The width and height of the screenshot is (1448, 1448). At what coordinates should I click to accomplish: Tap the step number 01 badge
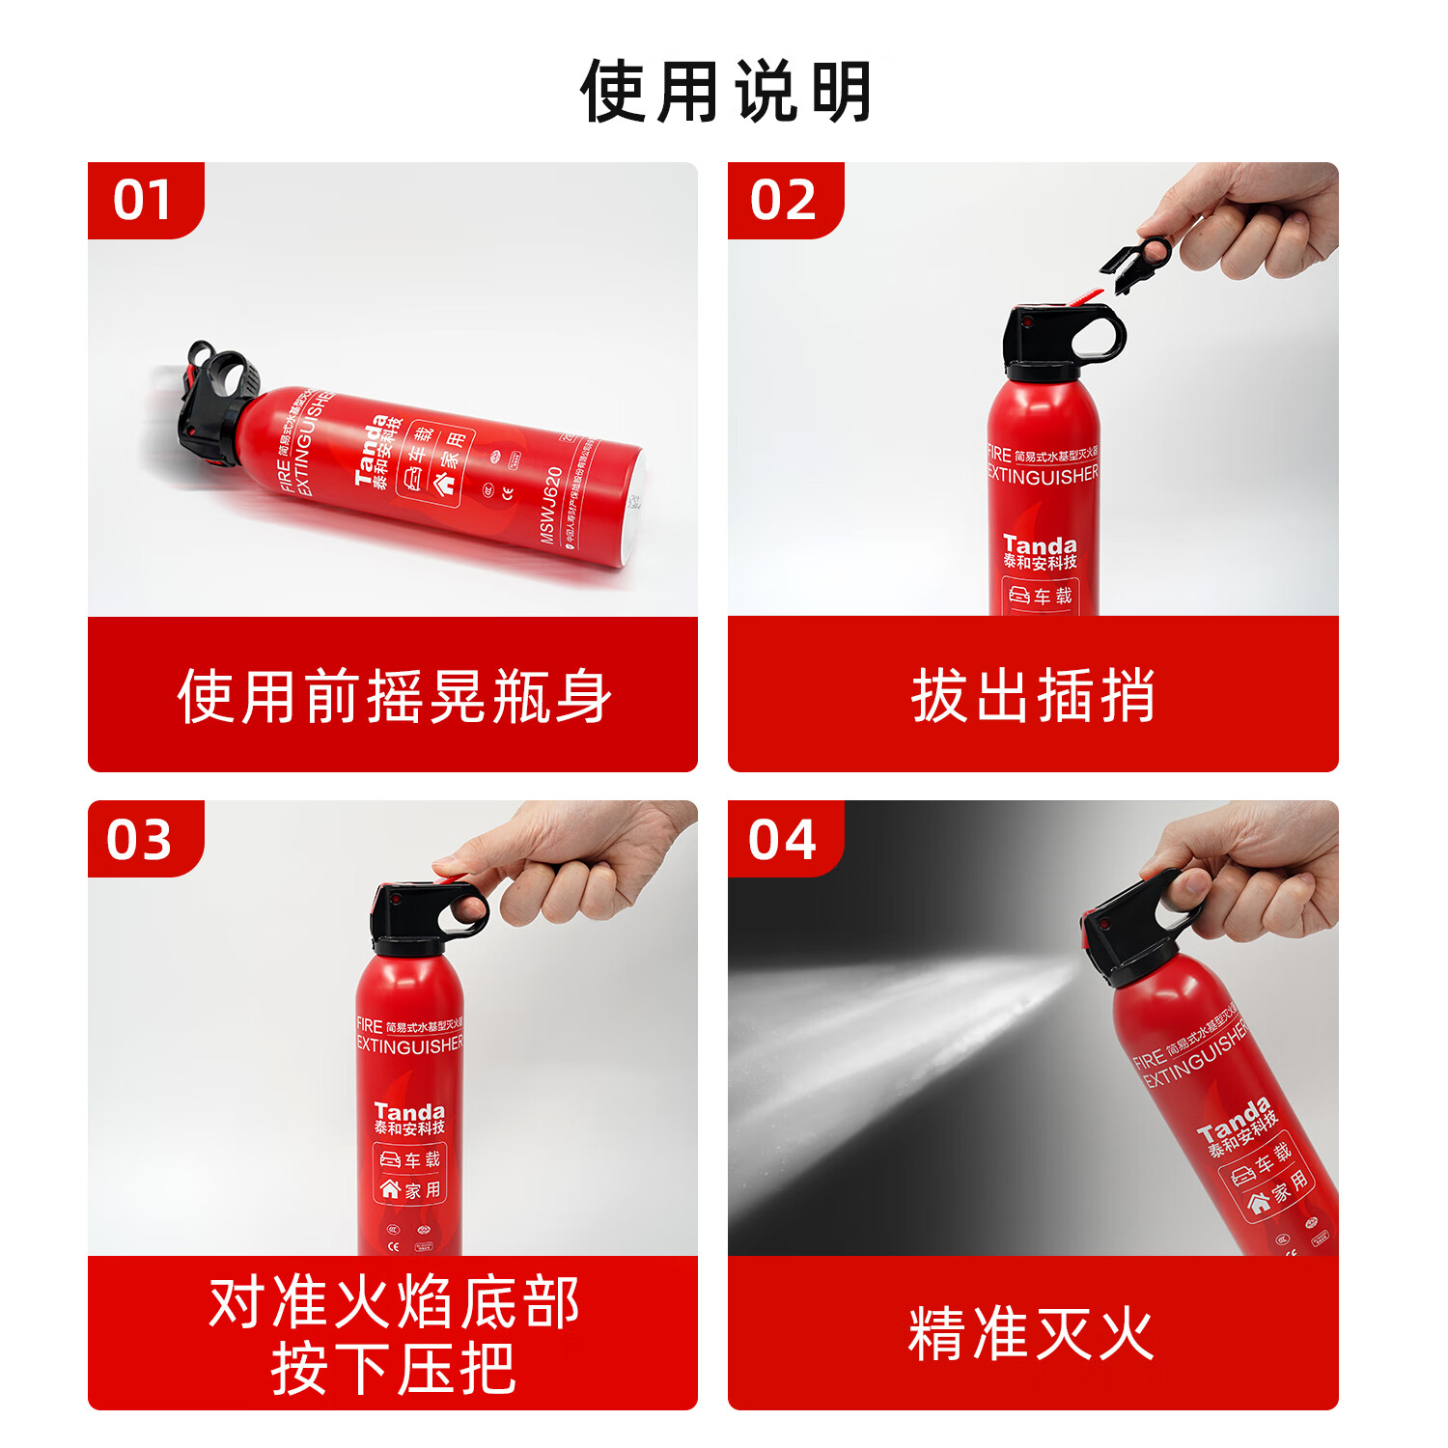coord(143,200)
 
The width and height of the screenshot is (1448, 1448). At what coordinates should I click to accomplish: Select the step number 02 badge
coord(783,200)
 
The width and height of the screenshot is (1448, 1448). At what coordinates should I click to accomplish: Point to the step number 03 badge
coord(141,839)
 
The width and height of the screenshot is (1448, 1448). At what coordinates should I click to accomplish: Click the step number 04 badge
coord(783,839)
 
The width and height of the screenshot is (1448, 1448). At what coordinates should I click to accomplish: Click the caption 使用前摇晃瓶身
coord(394,696)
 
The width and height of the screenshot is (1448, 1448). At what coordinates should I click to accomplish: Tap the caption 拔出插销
coord(1033,696)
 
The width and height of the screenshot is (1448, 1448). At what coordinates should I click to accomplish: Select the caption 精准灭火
coord(1031,1334)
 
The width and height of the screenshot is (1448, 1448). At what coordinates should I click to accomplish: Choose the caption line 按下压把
coord(394,1369)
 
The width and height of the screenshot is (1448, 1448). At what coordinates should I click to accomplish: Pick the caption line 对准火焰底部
coord(394,1302)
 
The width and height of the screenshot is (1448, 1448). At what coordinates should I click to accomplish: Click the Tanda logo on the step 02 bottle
coord(1040,545)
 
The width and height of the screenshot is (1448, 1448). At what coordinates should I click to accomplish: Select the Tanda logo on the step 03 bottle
coord(409,1112)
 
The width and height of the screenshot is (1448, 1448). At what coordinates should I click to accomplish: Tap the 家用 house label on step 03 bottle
coord(411,1190)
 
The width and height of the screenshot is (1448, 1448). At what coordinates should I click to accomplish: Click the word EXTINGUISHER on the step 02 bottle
coord(1043,475)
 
